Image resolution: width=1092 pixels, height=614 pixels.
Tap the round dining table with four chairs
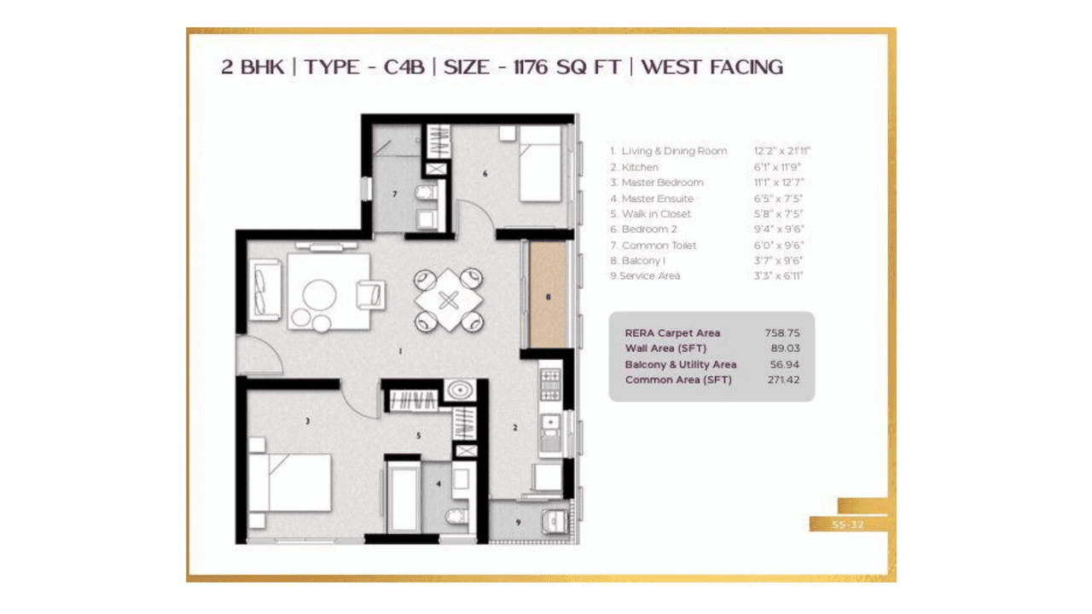pos(449,300)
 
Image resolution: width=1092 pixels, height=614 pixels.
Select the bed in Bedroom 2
pos(539,164)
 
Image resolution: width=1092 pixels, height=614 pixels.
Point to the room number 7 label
pos(394,194)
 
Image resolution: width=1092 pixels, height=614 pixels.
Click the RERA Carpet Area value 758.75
pos(782,333)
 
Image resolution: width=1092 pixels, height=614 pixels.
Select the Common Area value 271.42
pos(782,380)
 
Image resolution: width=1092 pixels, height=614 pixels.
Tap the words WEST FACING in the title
pos(712,67)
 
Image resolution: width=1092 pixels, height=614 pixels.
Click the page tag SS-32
pos(848,524)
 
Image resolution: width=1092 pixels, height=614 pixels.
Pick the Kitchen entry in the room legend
pos(639,167)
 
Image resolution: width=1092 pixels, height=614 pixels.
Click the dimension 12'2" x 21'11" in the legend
pos(781,151)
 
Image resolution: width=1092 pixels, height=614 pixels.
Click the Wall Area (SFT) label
pos(665,349)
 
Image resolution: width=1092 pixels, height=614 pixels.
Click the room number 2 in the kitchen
pos(514,427)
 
